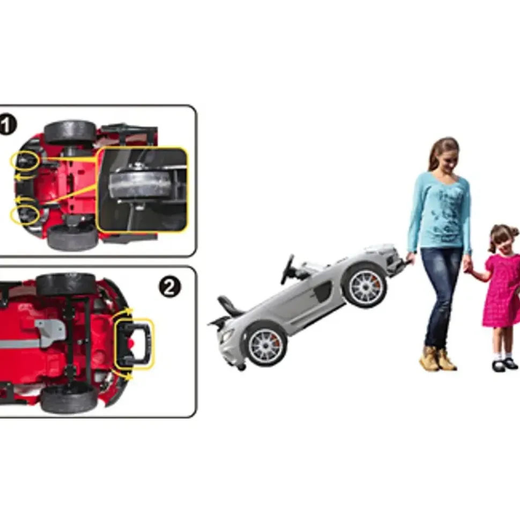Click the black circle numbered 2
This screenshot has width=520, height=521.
170,287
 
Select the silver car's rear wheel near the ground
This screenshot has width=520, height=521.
265,345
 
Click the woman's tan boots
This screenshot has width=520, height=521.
437,359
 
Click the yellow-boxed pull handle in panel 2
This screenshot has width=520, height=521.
134,344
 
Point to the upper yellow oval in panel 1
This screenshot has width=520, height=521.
25,161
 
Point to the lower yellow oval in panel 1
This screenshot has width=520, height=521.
25,214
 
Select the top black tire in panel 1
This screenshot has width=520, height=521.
70,131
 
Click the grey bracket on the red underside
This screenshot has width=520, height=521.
50,329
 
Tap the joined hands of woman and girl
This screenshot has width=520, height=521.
467,265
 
